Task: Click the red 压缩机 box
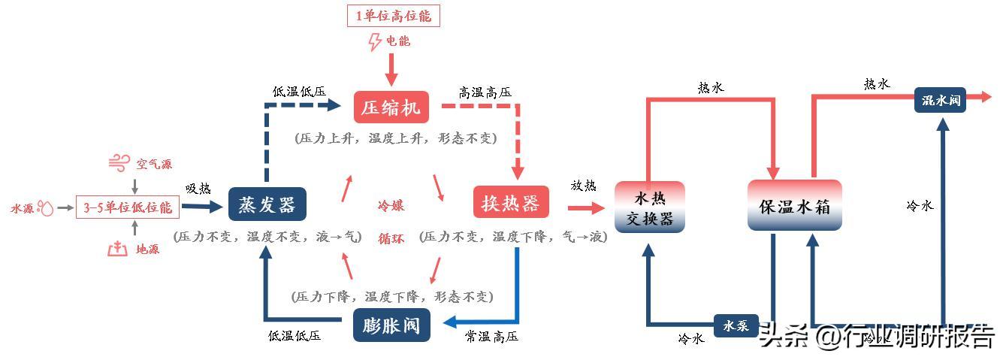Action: pyautogui.click(x=391, y=107)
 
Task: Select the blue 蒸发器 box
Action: pyautogui.click(x=267, y=204)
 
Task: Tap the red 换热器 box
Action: pyautogui.click(x=510, y=203)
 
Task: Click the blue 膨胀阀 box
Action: pyautogui.click(x=391, y=325)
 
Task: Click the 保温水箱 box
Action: pyautogui.click(x=794, y=206)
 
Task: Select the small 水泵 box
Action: pyautogui.click(x=736, y=325)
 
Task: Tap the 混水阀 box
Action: pyautogui.click(x=940, y=100)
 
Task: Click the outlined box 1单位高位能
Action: pyautogui.click(x=393, y=16)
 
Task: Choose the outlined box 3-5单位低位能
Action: pyautogui.click(x=127, y=207)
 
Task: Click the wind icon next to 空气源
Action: pyautogui.click(x=119, y=163)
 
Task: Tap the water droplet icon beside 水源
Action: pyautogui.click(x=47, y=208)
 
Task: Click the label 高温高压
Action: pyautogui.click(x=485, y=92)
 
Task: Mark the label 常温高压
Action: pyautogui.click(x=491, y=337)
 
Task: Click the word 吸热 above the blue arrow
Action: pyautogui.click(x=198, y=188)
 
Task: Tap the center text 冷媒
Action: pyautogui.click(x=391, y=206)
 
